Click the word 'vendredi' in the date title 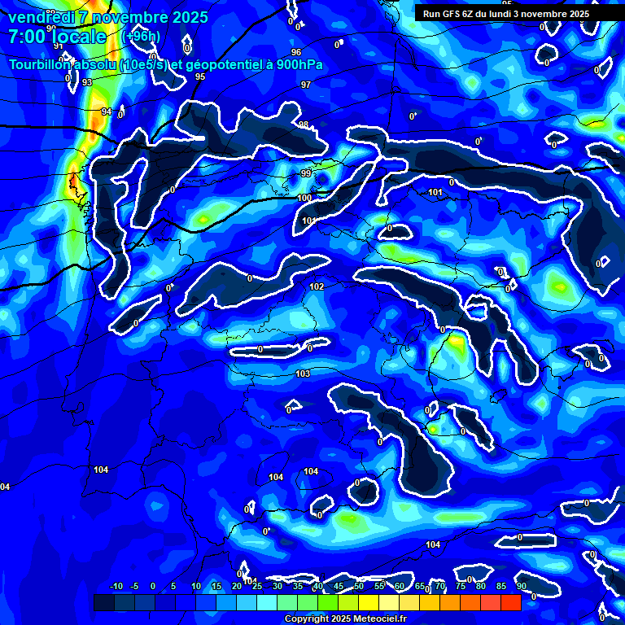[x=41, y=17]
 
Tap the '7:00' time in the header [x=28, y=37]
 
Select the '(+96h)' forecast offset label [x=141, y=37]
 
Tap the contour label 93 [x=87, y=83]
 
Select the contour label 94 [x=107, y=111]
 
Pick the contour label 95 [x=200, y=76]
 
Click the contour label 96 [x=295, y=52]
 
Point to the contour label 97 [x=306, y=85]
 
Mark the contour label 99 [x=306, y=173]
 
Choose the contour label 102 [x=317, y=286]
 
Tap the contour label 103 [x=303, y=374]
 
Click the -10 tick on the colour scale [x=116, y=587]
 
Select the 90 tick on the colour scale [x=521, y=587]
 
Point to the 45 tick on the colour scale [x=338, y=587]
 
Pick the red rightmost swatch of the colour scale [x=510, y=602]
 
